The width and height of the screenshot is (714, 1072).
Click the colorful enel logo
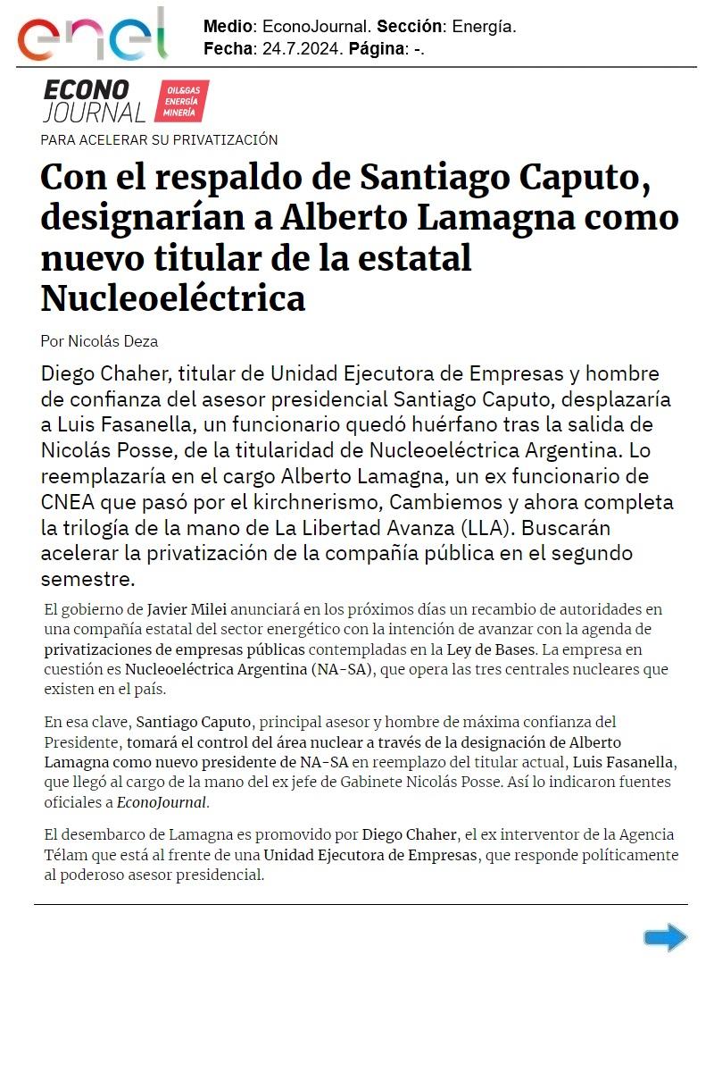[92, 36]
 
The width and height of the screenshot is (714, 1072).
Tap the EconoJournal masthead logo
[94, 101]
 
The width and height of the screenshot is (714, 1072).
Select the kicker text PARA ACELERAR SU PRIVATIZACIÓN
[159, 139]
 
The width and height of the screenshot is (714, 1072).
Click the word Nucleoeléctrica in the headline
[173, 298]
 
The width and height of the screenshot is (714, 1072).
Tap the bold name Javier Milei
[187, 609]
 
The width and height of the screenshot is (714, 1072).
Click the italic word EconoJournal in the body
[162, 802]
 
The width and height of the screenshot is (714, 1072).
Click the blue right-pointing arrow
[665, 938]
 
